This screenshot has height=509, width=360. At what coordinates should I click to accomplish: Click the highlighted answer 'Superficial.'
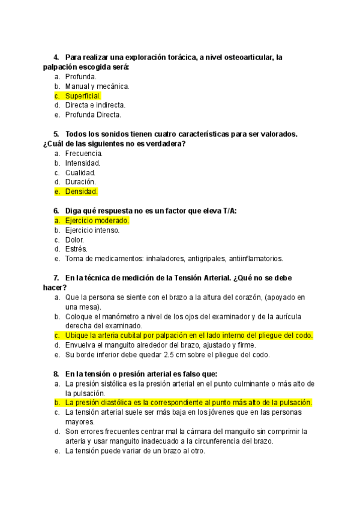(x=83, y=95)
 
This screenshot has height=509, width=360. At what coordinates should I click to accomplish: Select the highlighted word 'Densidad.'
(x=81, y=191)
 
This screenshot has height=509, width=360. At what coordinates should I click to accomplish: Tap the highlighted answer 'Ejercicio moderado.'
(x=97, y=220)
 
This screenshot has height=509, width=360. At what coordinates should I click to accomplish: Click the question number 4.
(x=56, y=57)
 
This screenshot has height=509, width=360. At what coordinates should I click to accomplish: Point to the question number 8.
(x=56, y=373)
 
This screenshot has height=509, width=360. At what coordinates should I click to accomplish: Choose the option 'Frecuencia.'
(x=84, y=153)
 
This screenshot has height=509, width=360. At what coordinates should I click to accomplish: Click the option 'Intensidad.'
(x=83, y=163)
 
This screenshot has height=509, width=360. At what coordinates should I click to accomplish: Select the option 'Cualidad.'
(x=80, y=172)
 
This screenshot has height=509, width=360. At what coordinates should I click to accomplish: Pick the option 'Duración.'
(x=80, y=182)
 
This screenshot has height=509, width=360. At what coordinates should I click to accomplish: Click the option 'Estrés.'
(x=76, y=249)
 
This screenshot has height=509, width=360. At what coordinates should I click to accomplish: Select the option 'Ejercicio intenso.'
(x=92, y=230)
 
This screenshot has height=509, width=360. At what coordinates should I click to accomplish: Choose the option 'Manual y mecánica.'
(x=97, y=86)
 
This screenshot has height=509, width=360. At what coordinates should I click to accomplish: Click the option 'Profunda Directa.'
(x=93, y=115)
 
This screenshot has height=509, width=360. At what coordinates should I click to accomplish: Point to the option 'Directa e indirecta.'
(x=95, y=105)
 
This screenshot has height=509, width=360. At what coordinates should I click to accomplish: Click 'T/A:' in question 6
(x=229, y=211)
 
